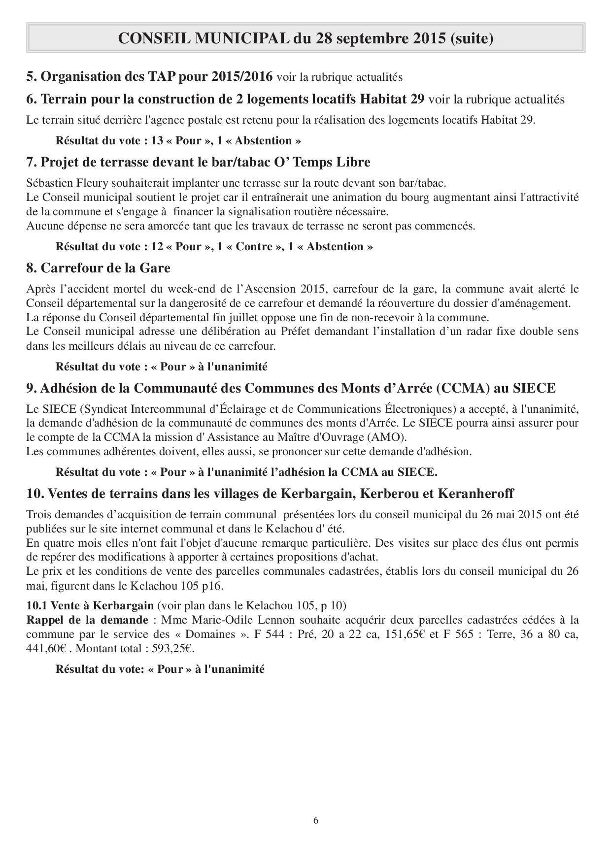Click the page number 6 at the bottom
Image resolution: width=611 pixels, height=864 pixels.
[x=316, y=820]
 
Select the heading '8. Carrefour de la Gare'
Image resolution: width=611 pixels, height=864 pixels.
[x=98, y=268]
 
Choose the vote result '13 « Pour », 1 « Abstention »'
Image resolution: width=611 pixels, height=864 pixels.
[x=226, y=140]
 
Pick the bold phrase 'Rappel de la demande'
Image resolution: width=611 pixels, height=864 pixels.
[x=87, y=620]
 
